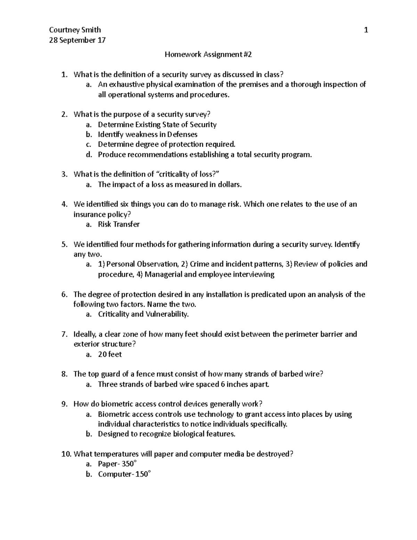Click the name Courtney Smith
75,30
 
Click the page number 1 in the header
366,30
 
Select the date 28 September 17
77,40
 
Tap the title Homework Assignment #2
208,54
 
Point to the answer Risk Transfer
118,224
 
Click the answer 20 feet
109,354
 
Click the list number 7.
64,334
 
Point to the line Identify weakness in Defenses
147,135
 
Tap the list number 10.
65,454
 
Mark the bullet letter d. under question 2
88,155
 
